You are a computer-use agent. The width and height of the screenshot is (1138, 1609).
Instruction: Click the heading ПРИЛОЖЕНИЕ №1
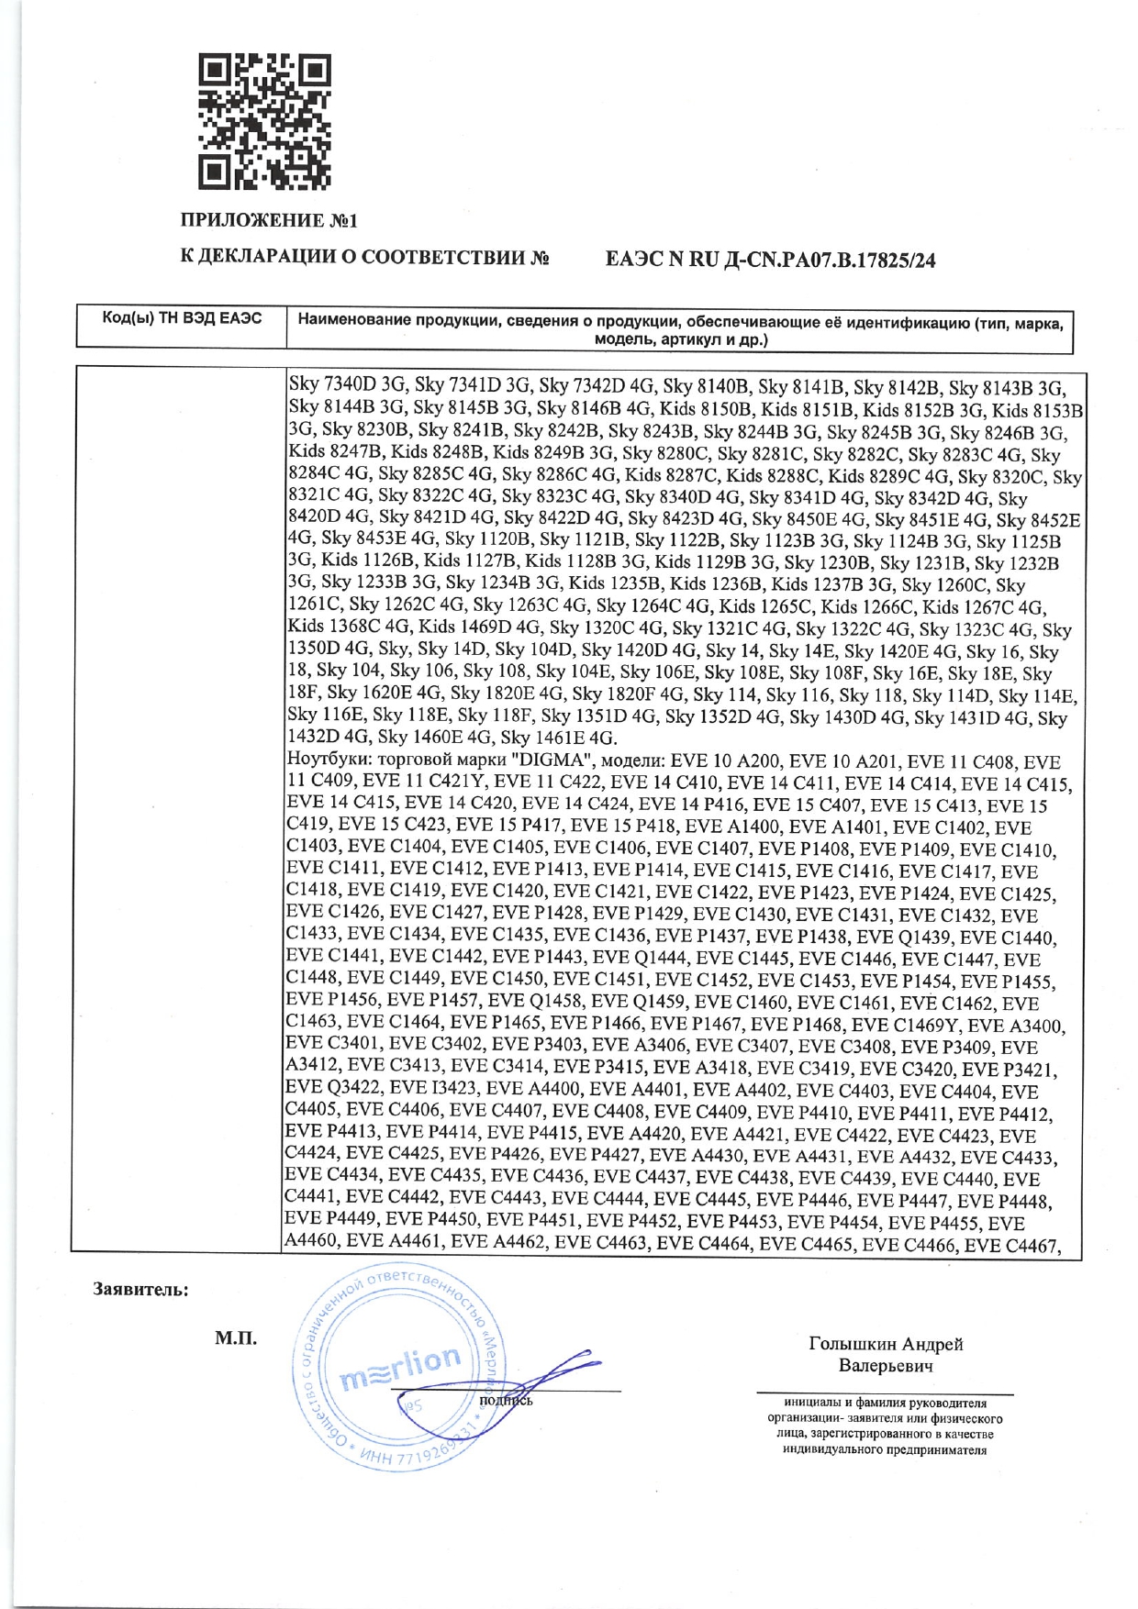coord(268,221)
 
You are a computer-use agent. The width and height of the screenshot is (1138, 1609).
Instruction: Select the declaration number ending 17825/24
coord(770,261)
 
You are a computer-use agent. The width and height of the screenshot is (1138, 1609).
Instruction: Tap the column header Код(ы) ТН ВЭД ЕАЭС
coord(182,319)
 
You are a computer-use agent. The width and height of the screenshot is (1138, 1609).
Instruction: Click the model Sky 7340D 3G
coord(347,385)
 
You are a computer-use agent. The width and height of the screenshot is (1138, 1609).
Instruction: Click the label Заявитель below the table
coord(140,1290)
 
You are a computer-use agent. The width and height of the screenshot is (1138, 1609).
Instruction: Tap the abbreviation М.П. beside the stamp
coord(236,1338)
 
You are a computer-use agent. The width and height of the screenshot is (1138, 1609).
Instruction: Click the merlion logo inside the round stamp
coord(400,1367)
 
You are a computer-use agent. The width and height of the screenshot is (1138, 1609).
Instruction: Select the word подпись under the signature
coord(506,1400)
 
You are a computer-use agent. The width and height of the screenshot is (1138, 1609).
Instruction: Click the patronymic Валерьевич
coord(886,1366)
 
